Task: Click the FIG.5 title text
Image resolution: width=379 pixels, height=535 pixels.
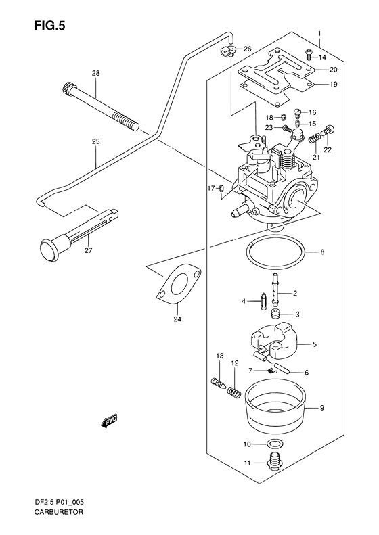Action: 49,26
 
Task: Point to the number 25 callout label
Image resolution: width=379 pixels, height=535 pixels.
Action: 95,141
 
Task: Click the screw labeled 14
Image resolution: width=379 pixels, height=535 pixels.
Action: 309,54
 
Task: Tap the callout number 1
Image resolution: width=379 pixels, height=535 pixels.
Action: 319,33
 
